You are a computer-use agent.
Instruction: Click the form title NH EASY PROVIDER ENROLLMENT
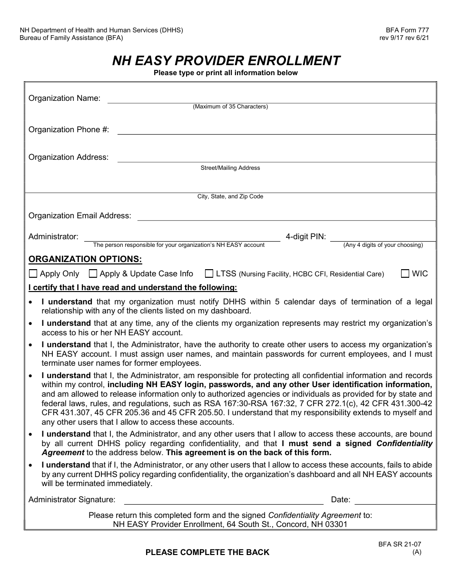[x=226, y=61]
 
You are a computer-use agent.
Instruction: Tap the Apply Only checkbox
[x=33, y=273]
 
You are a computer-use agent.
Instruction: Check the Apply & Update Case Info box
[x=93, y=273]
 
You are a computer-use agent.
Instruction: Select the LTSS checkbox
[x=209, y=273]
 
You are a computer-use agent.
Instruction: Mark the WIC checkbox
[x=405, y=273]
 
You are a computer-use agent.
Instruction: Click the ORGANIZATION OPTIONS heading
[x=85, y=259]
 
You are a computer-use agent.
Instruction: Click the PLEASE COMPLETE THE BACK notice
[x=207, y=552]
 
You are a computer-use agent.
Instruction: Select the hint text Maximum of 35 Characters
[x=230, y=107]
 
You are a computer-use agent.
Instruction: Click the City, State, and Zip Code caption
[x=230, y=196]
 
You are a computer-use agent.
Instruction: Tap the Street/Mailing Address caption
[x=230, y=168]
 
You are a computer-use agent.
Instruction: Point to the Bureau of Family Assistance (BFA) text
[x=71, y=38]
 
